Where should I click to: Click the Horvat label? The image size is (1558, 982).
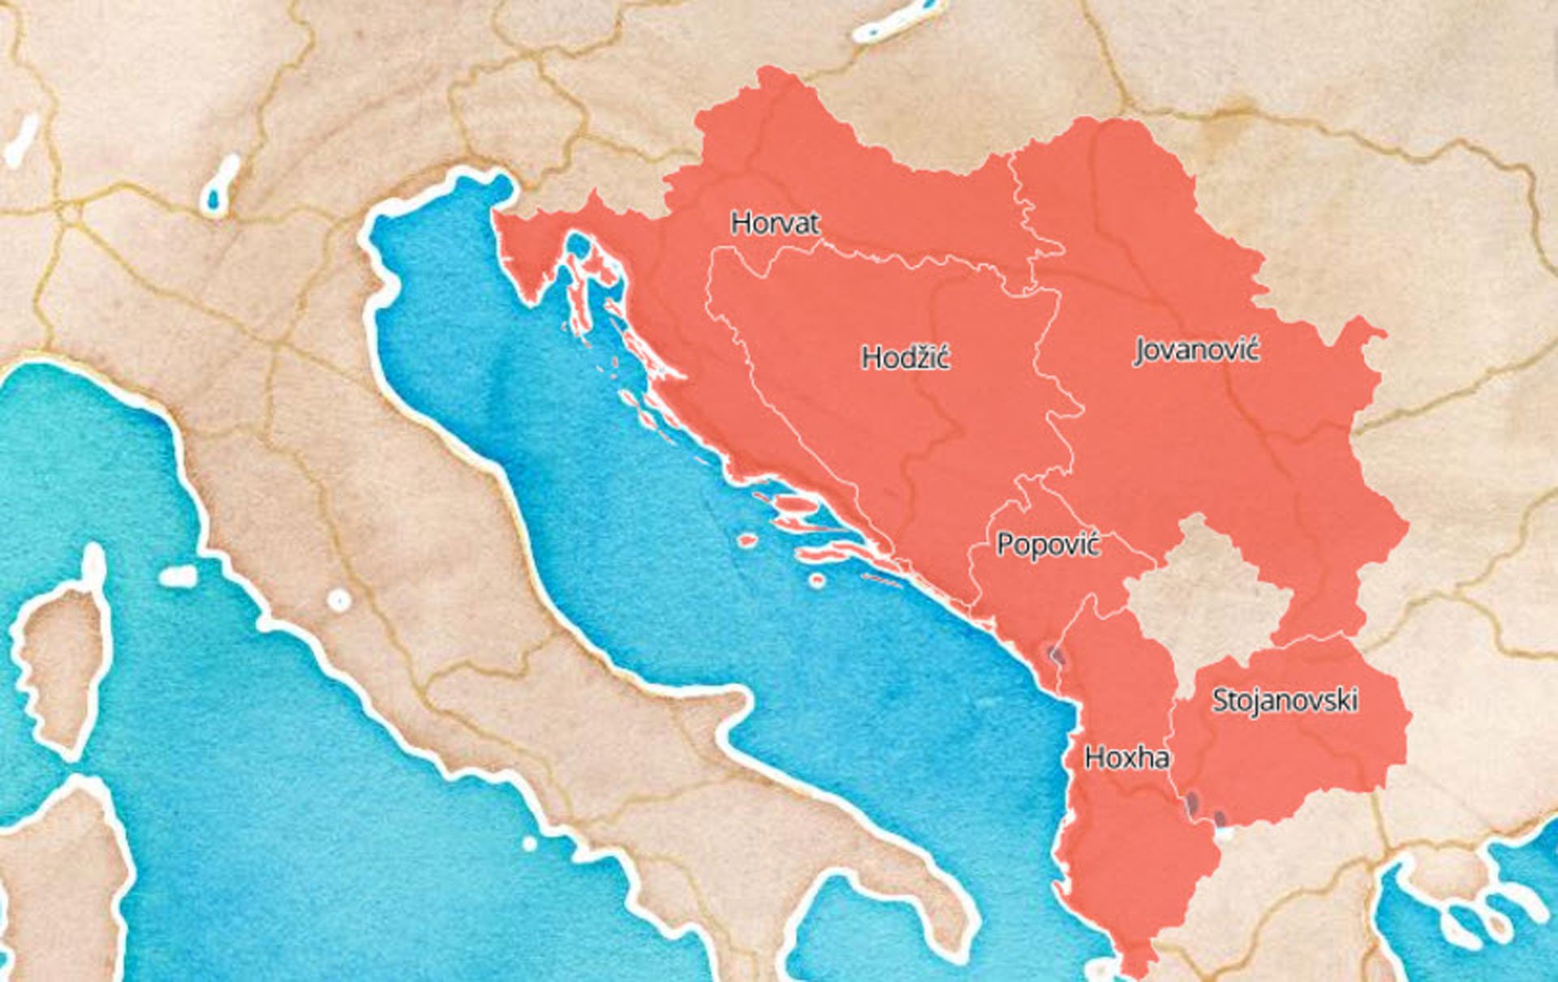coord(775,223)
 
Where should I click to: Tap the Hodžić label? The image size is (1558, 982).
coord(905,358)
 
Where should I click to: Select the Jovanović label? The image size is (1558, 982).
coord(1196,350)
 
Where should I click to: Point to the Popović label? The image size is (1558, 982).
coord(1048,544)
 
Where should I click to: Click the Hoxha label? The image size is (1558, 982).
coord(1126,757)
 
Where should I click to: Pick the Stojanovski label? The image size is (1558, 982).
coord(1284,700)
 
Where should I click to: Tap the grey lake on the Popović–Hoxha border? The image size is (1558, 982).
coord(1053,654)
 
